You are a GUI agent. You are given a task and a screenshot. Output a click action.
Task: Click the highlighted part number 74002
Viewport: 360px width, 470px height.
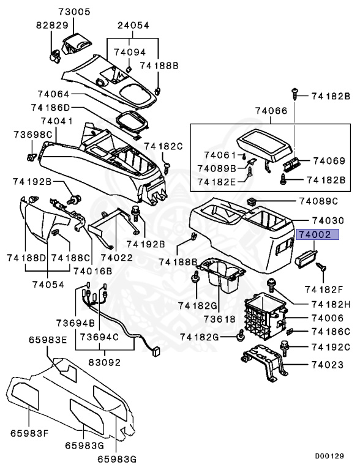pyautogui.click(x=314, y=252)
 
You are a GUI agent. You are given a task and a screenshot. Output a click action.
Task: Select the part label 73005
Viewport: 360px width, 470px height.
pyautogui.click(x=74, y=12)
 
